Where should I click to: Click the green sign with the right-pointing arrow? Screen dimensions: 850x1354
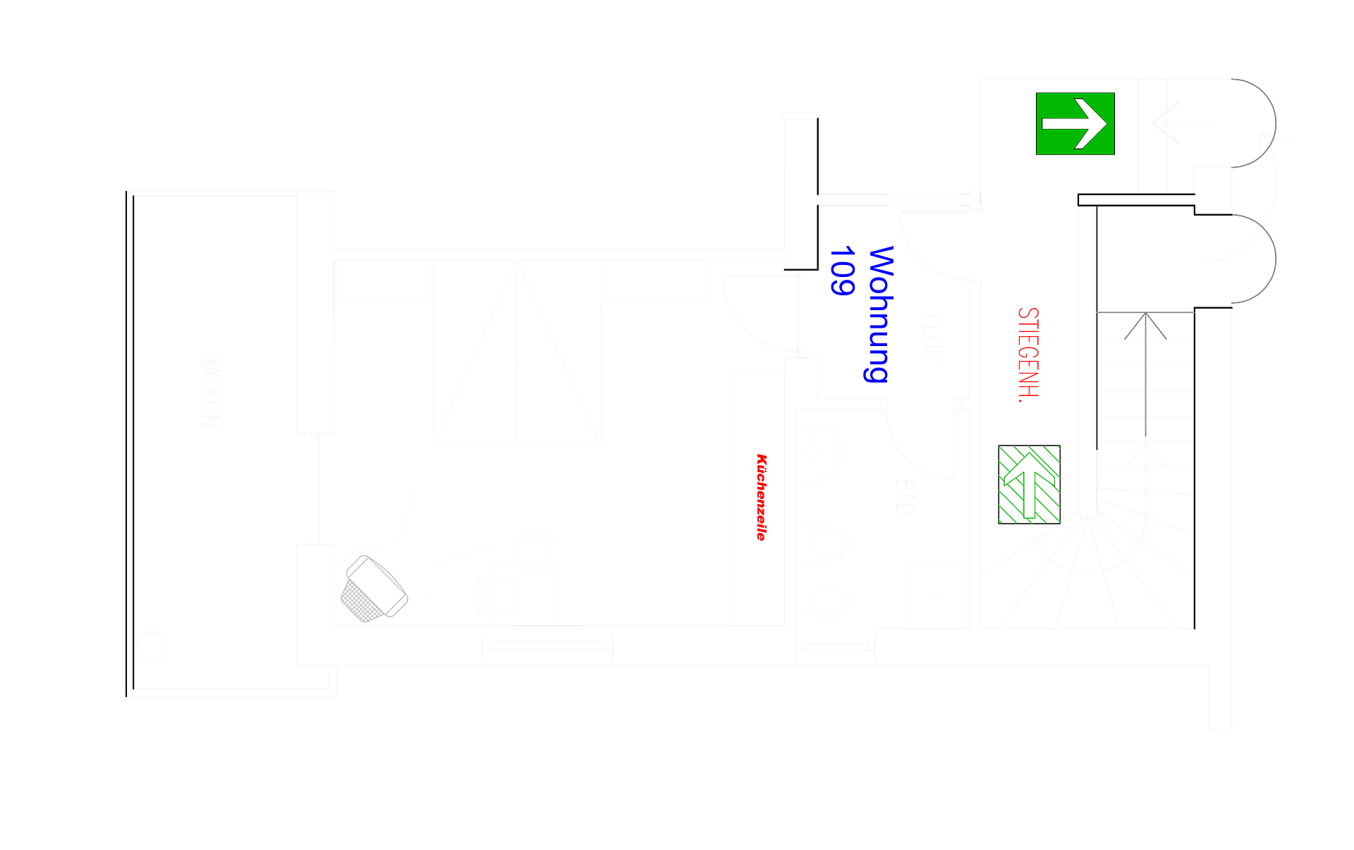1075,124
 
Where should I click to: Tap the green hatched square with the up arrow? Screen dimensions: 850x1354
1030,485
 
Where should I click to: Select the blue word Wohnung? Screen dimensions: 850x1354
879,314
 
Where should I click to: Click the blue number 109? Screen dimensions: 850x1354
841,271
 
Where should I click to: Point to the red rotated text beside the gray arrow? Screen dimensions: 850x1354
1028,355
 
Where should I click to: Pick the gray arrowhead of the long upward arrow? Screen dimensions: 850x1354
1145,325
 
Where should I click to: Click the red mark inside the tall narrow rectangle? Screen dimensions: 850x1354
762,497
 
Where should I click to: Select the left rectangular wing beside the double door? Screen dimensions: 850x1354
384,283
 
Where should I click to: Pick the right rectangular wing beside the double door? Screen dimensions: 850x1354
654,283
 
